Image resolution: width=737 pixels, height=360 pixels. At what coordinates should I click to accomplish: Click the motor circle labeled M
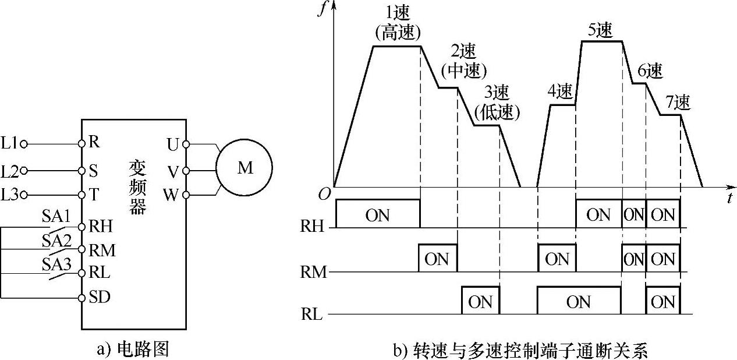pos(245,168)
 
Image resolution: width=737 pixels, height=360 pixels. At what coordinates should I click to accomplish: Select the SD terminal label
pos(100,297)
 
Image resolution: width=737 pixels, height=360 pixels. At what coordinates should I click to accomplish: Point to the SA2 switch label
pos(56,239)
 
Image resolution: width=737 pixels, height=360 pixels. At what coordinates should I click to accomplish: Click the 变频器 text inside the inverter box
pos(137,186)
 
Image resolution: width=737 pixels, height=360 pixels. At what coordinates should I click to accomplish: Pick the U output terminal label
pos(173,143)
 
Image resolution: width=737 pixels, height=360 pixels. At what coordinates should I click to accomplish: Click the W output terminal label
pos(171,195)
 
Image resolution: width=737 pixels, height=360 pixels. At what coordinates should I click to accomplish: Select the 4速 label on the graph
pos(560,91)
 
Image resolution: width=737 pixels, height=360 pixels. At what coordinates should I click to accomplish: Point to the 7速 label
pos(677,103)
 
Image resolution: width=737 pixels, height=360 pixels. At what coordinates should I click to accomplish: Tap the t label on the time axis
pos(729,197)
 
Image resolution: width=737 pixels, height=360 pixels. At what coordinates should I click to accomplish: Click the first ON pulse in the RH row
pos(377,215)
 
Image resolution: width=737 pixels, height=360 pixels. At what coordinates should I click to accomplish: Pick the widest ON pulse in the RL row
pos(578,302)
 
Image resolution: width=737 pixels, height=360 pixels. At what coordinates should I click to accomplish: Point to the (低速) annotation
pos(497,112)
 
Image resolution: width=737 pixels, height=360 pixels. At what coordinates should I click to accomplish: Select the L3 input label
pos(10,195)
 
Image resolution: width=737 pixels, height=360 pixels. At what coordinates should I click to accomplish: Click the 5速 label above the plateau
pos(600,30)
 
